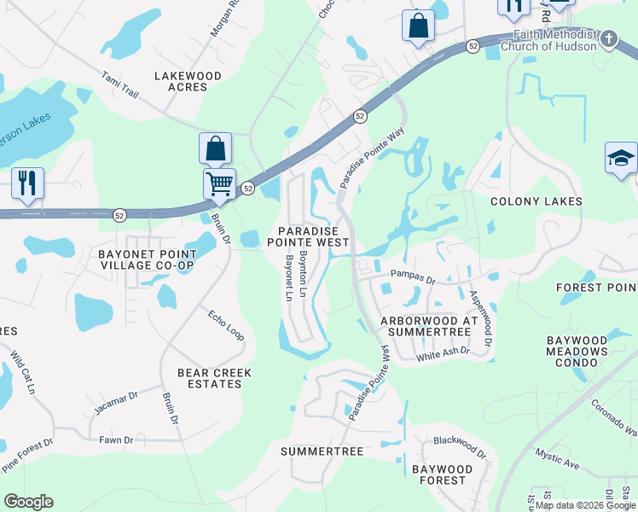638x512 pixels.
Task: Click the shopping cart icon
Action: pyautogui.click(x=219, y=183)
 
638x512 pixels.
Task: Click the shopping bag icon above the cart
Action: pyautogui.click(x=216, y=148)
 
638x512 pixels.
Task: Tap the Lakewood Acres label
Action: pyautogui.click(x=188, y=81)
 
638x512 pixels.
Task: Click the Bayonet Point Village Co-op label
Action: pyautogui.click(x=147, y=259)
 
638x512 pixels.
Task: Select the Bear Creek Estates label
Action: pyautogui.click(x=210, y=378)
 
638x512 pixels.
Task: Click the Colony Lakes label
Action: pyautogui.click(x=536, y=201)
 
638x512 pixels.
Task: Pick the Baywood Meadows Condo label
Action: pyautogui.click(x=577, y=352)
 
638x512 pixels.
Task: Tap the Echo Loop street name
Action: pyautogui.click(x=226, y=325)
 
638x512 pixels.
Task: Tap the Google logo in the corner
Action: pyautogui.click(x=28, y=502)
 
